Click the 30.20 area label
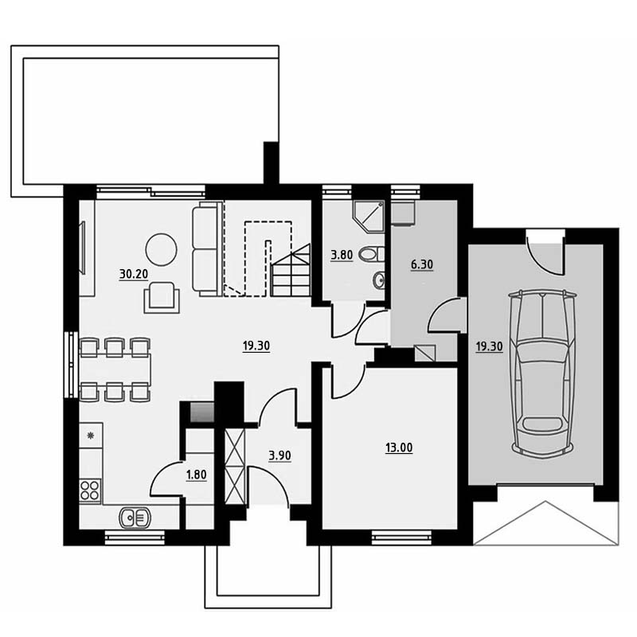pos(133,274)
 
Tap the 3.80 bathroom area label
pos(342,256)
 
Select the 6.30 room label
pos(422,264)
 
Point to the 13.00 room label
pos(399,447)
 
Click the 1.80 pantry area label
pos(196,475)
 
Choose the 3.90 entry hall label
pos(280,455)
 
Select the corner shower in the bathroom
pos(369,217)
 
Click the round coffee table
pos(162,249)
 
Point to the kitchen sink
pos(135,518)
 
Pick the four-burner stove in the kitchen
pos(90,490)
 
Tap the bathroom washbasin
pos(379,279)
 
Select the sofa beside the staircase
pos(207,248)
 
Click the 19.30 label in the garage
pos(490,346)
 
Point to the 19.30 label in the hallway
pos(256,346)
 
